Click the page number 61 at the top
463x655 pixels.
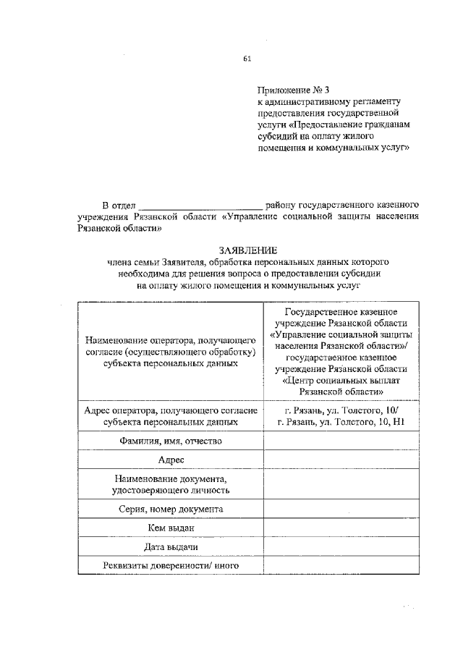247,58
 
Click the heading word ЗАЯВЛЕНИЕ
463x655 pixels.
248,249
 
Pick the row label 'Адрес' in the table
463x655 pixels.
171,460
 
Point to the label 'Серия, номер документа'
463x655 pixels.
171,509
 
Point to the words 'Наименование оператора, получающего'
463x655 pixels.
171,339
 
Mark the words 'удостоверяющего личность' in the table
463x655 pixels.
171,490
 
